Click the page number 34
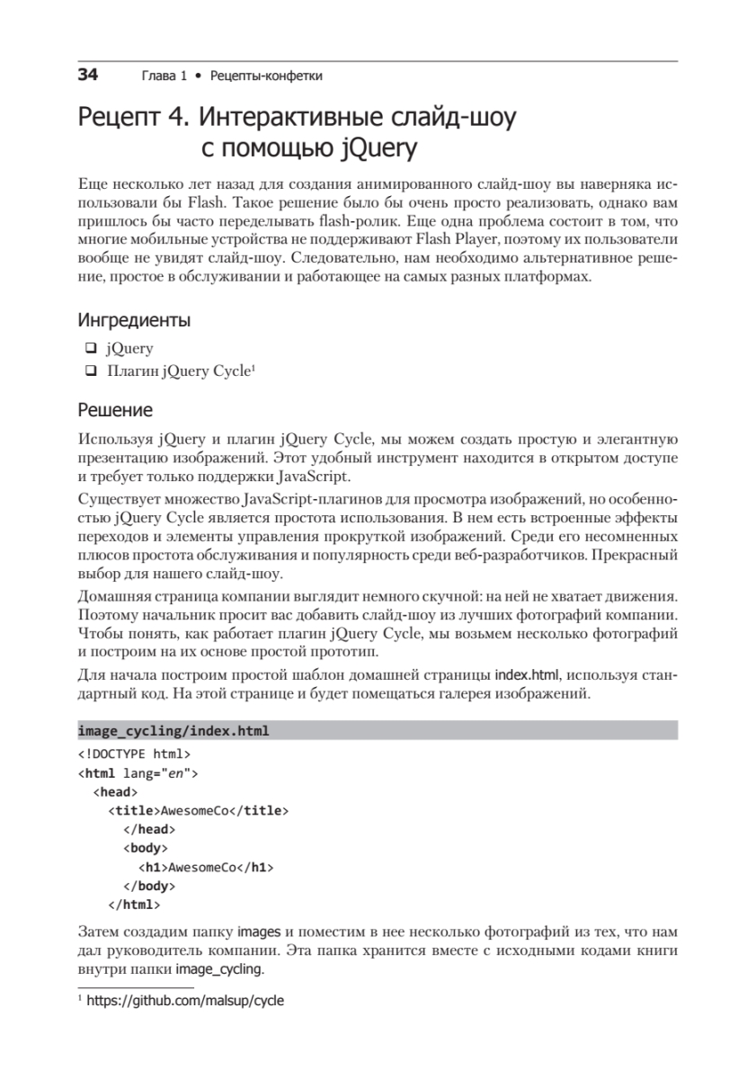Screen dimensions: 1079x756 [x=87, y=76]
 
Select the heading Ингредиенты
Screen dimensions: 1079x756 [x=134, y=319]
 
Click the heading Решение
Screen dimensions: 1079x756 [x=115, y=410]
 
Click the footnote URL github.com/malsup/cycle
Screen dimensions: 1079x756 [x=184, y=999]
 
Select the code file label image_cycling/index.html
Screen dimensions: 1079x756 [x=173, y=730]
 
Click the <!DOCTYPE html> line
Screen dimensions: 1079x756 [x=134, y=754]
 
